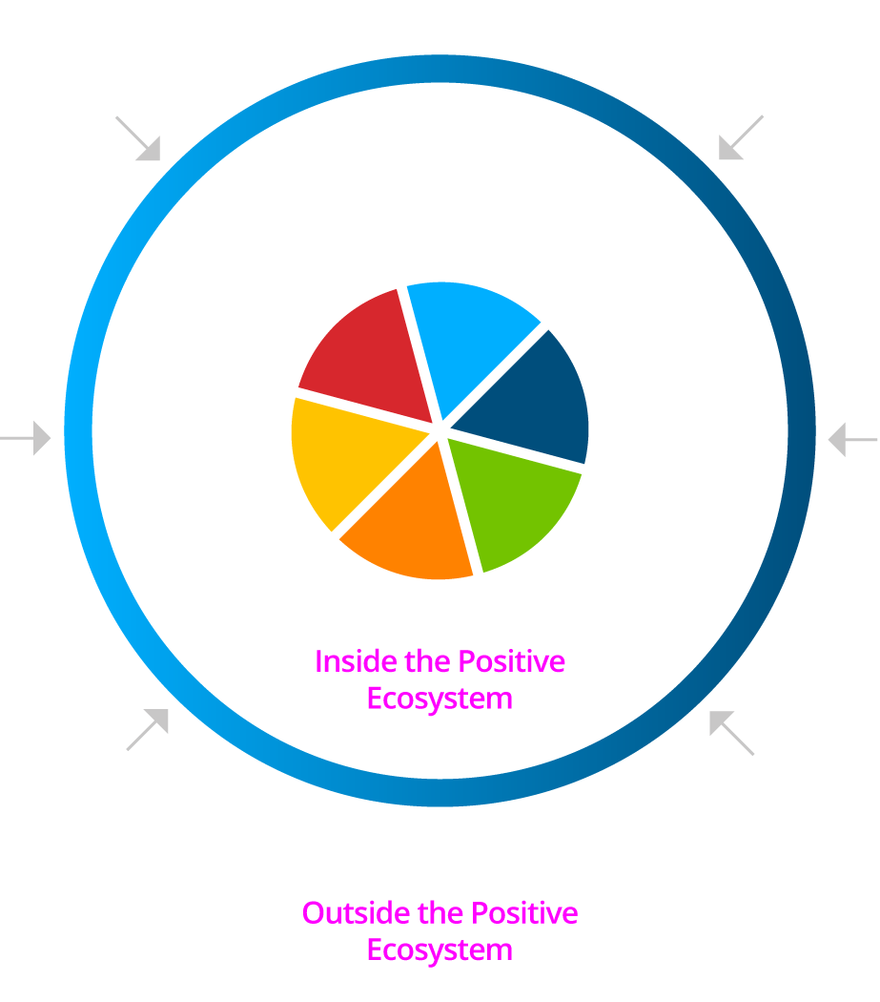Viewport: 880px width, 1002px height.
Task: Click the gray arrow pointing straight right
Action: [26, 438]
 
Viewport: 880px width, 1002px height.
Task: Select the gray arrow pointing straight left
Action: [853, 440]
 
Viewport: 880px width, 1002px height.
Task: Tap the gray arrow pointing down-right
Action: [138, 138]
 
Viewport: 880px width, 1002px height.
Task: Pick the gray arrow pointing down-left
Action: [741, 137]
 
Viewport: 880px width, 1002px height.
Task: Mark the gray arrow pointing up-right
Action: [148, 729]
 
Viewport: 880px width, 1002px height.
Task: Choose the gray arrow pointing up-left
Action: [732, 733]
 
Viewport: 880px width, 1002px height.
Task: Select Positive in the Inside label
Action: [512, 662]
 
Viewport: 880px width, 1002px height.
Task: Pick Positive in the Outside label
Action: [524, 913]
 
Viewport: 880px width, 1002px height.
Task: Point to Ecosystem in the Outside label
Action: [440, 950]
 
